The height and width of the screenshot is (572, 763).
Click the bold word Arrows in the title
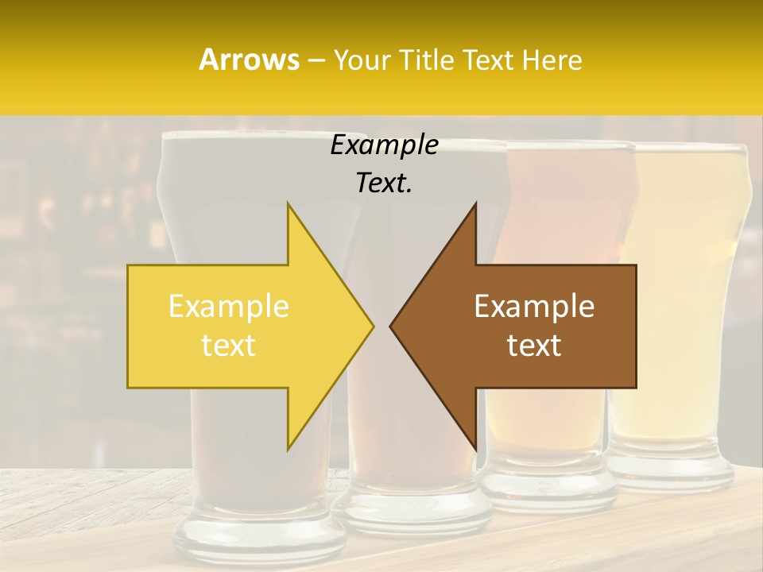[x=249, y=60]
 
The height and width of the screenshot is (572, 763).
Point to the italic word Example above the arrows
[x=384, y=145]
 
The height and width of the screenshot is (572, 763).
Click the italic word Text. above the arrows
[x=384, y=184]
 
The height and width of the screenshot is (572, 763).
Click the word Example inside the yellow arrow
[x=229, y=307]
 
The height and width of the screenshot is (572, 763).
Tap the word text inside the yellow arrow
[x=229, y=346]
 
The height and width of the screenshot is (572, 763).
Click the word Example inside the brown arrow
[x=534, y=307]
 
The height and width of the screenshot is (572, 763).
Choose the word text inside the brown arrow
[x=534, y=346]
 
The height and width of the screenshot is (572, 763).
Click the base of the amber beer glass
[x=548, y=489]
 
